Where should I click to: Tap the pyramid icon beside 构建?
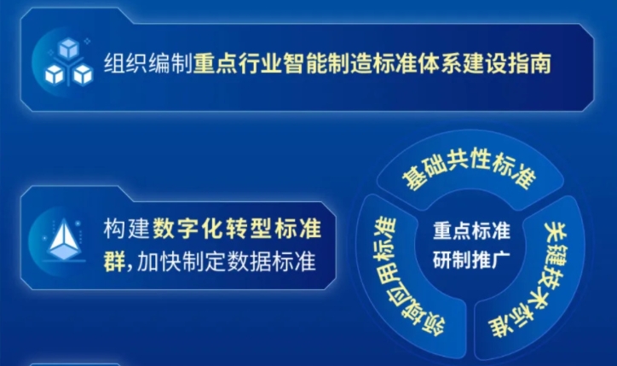[x=64, y=240]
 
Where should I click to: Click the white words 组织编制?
[x=148, y=63]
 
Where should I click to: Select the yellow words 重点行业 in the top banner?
[x=237, y=63]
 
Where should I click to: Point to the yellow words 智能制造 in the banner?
[x=326, y=63]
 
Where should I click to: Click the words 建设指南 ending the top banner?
[x=507, y=63]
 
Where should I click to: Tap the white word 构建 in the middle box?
[x=126, y=228]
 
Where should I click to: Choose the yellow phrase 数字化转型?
[x=212, y=228]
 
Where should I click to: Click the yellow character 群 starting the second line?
[x=114, y=261]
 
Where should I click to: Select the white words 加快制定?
[x=182, y=261]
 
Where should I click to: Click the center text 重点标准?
[x=471, y=231]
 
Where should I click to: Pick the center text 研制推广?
[x=471, y=259]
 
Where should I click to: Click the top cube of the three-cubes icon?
[x=69, y=48]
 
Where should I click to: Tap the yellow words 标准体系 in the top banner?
[x=417, y=63]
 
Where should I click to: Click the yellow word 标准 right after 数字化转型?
[x=298, y=228]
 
